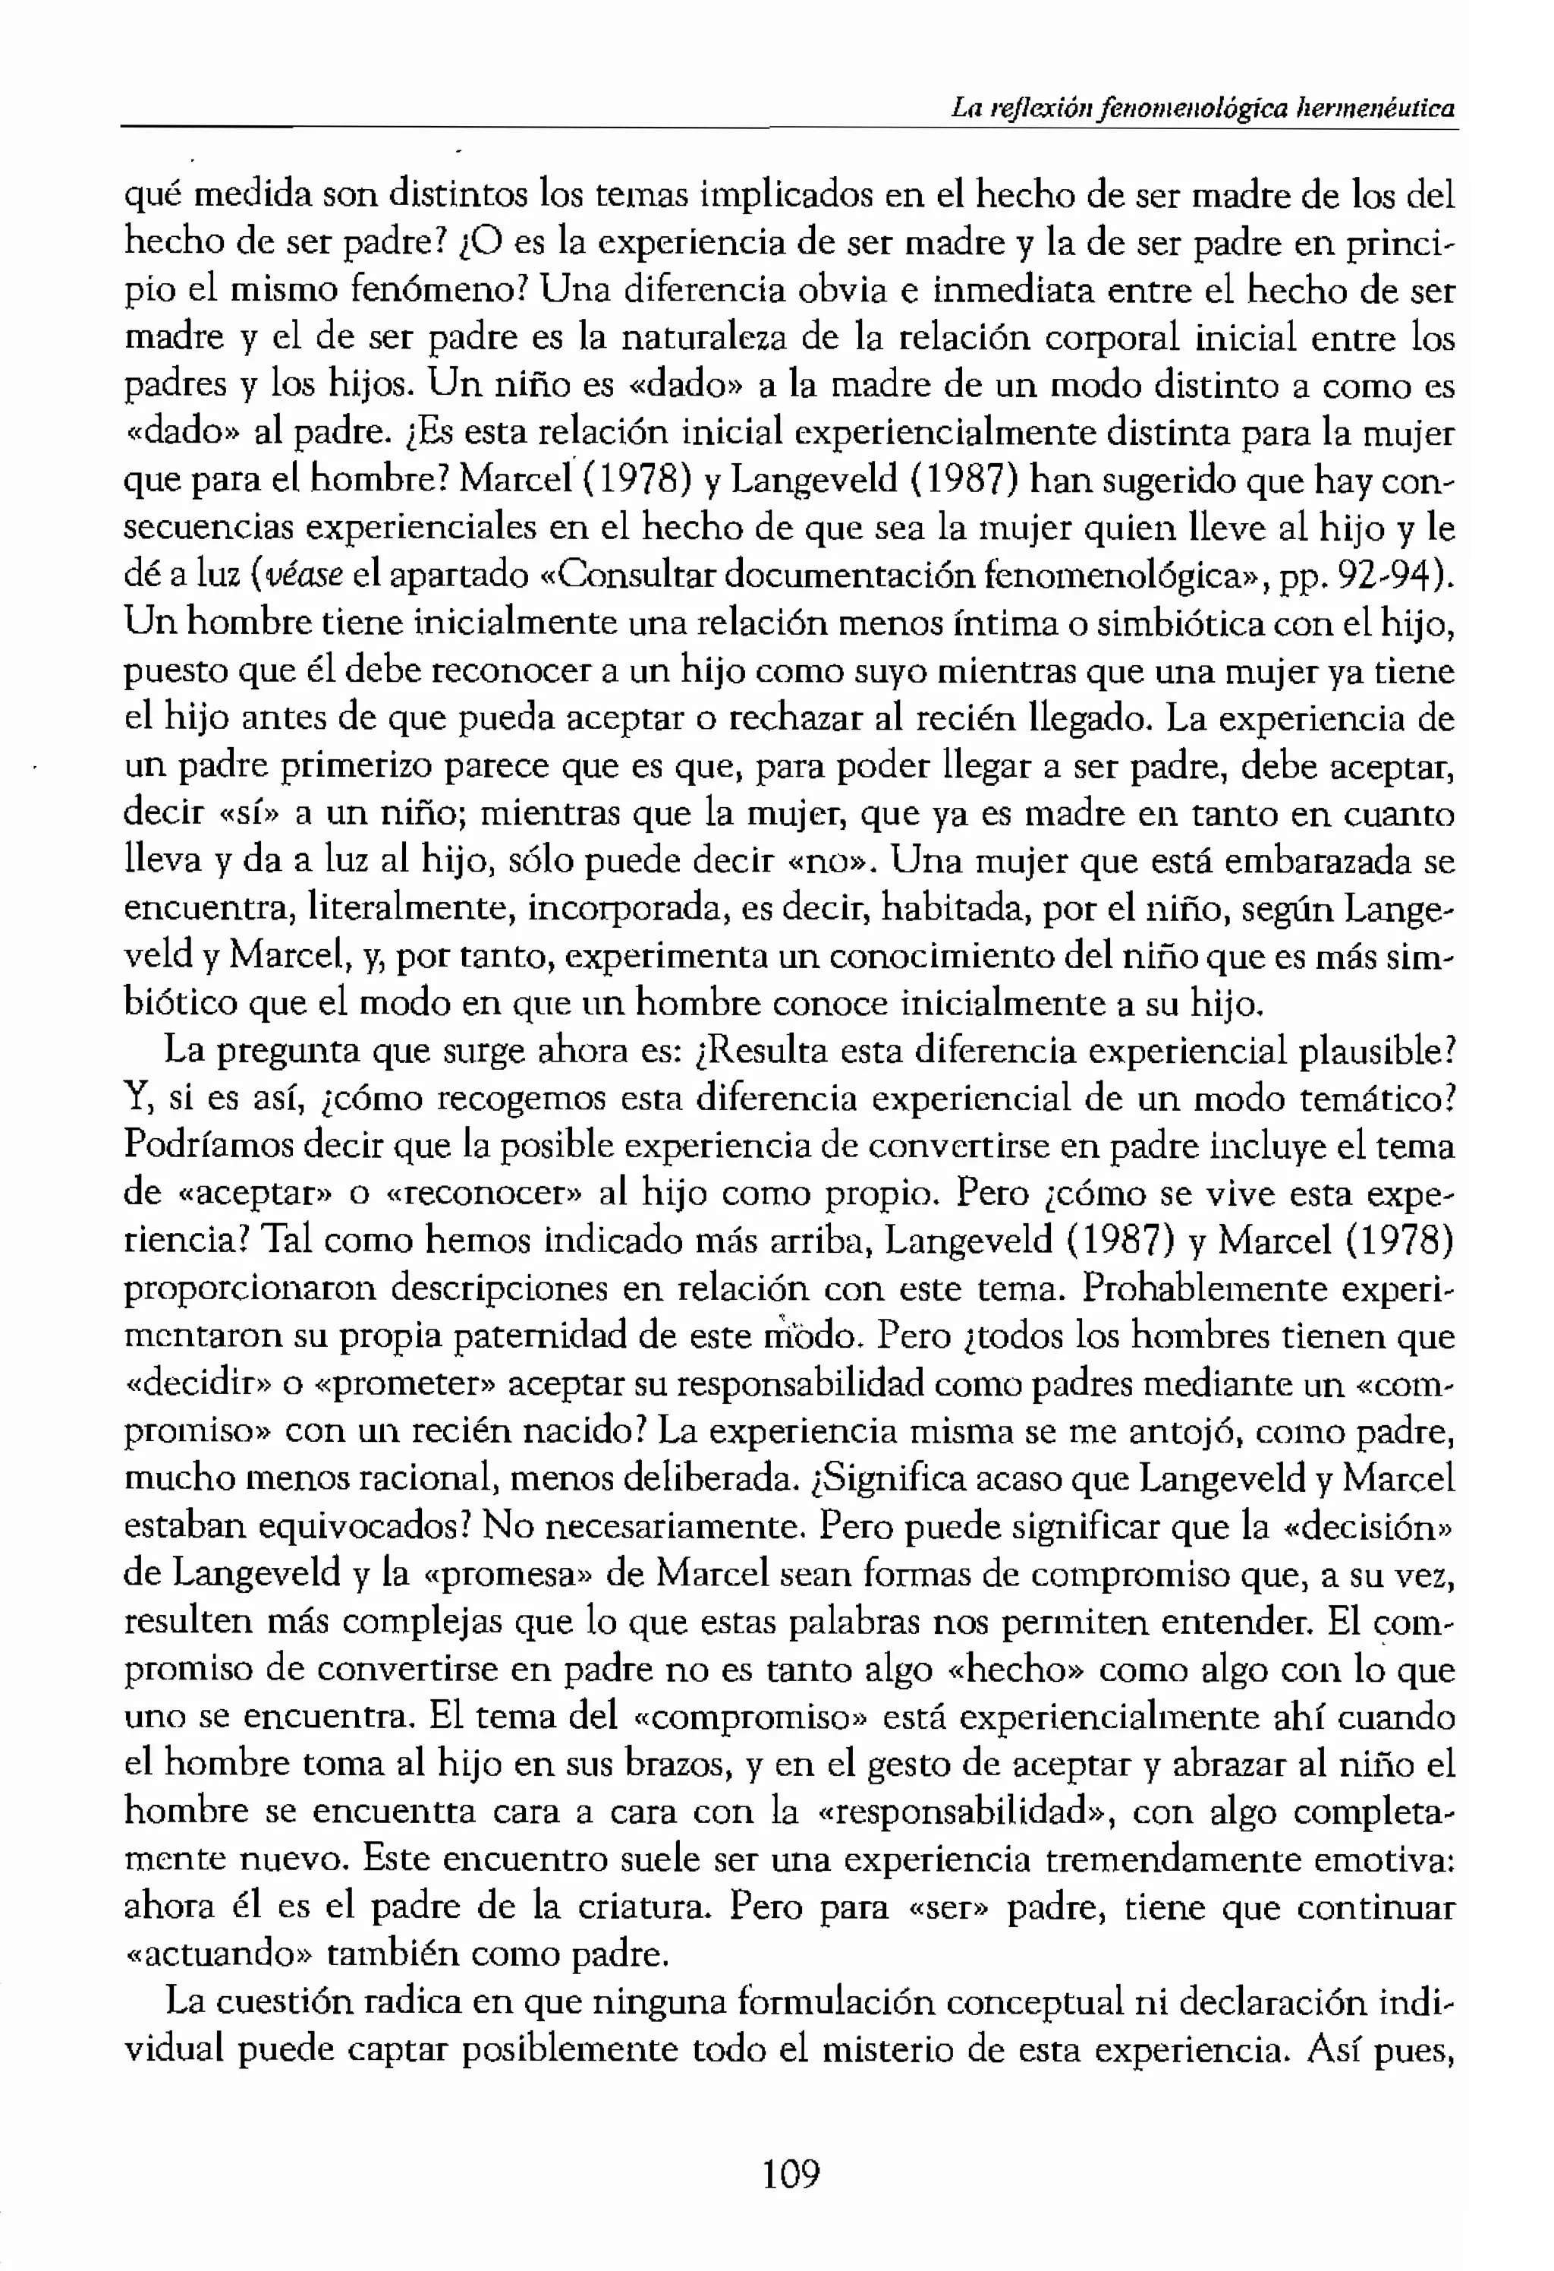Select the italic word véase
point(302,576)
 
